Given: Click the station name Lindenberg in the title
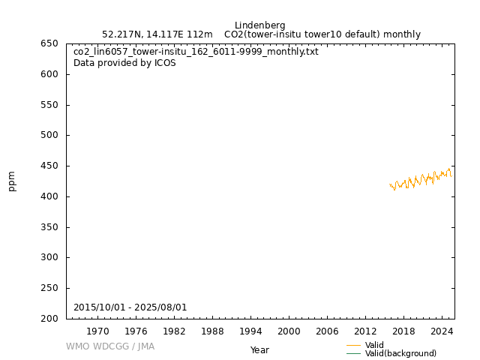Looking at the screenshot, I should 259,25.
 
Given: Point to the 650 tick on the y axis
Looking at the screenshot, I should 49,43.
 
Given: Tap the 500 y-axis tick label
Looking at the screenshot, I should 49,136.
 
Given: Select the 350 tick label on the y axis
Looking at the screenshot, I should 49,227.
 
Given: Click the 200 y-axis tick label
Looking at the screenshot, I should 49,319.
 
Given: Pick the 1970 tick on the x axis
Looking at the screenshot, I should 97,331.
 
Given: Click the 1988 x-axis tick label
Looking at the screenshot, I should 212,331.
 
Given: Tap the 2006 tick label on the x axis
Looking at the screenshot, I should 327,331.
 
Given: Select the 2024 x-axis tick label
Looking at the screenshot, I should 442,331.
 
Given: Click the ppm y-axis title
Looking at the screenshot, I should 12,181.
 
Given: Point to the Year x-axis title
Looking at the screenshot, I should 259,350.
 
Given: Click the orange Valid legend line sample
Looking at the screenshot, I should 353,346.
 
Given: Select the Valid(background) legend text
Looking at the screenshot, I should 400,354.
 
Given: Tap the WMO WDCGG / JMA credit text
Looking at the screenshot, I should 110,346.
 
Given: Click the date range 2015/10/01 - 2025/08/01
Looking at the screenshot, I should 130,307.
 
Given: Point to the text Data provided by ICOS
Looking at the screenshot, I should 124,63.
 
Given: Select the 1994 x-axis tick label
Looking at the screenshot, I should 250,331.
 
